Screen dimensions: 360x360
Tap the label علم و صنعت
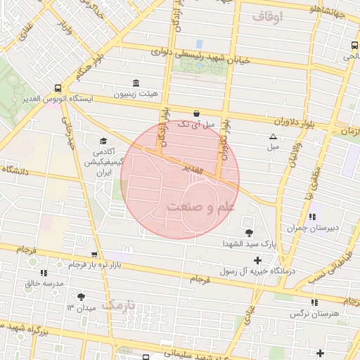[200, 207]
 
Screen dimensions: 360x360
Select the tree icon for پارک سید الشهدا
[248, 232]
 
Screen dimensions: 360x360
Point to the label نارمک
[121, 305]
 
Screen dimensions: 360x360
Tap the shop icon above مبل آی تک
[195, 112]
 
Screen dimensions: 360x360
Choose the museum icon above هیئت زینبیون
[136, 82]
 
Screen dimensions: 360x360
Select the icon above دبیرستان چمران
[312, 217]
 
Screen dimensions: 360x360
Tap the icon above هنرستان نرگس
[314, 302]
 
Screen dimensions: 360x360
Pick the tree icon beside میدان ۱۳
[81, 297]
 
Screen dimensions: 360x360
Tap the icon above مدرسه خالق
[44, 272]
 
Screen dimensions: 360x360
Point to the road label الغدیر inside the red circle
[193, 171]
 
